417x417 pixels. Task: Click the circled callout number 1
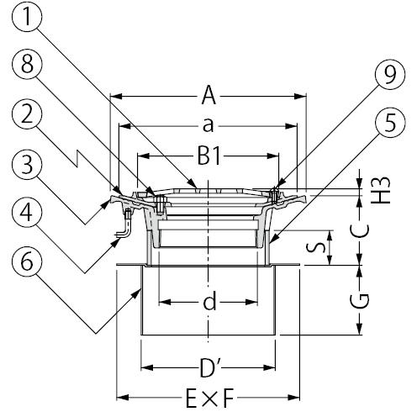pos(27,17)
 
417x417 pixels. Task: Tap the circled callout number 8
pos(27,65)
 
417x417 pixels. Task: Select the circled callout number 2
pos(27,114)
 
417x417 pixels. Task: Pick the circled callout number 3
pos(27,164)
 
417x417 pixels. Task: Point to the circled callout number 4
pos(27,213)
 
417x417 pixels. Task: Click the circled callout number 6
pos(27,262)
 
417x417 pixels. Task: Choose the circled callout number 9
pos(390,74)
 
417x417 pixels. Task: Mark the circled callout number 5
pos(390,123)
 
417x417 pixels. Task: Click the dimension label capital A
pos(208,96)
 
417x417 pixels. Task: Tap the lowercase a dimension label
pos(208,125)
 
